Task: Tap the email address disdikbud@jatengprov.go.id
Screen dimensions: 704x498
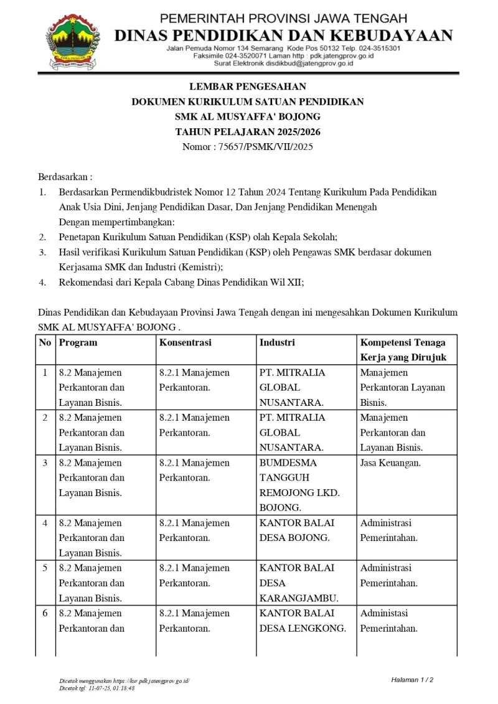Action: (x=300, y=63)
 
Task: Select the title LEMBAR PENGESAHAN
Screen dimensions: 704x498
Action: (x=248, y=87)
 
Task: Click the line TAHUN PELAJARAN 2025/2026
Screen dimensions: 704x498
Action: (x=248, y=132)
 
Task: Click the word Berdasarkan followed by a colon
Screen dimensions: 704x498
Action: (x=65, y=177)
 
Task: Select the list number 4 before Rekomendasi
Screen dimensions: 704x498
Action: (x=42, y=282)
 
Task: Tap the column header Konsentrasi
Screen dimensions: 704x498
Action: (x=185, y=342)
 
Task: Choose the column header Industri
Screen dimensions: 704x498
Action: (x=277, y=342)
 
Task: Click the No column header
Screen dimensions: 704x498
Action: (x=45, y=342)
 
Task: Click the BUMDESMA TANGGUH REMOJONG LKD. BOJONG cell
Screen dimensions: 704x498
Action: (x=299, y=485)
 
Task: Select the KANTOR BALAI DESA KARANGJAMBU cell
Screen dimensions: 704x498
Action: (x=299, y=583)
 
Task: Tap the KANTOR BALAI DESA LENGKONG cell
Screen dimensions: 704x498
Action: (x=302, y=621)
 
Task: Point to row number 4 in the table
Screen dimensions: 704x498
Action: (x=45, y=523)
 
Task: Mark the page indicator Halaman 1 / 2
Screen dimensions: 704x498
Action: (x=412, y=679)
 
